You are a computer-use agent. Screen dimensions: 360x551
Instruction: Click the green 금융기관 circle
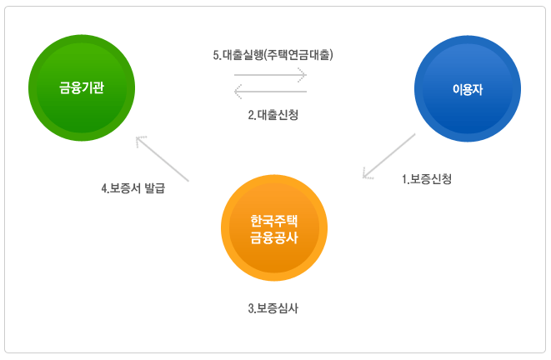pos(82,87)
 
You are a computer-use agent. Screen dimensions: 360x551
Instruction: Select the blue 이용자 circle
pos(468,88)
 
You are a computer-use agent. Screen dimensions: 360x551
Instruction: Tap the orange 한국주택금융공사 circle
pos(274,228)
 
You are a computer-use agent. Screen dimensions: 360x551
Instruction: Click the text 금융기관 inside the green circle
pos(82,88)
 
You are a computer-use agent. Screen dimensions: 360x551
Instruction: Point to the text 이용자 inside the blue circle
pos(468,89)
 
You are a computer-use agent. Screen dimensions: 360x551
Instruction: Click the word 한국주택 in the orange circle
pos(274,221)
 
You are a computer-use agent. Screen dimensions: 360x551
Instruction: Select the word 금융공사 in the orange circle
pos(274,237)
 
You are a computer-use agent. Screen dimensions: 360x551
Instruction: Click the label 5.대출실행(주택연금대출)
pos(273,56)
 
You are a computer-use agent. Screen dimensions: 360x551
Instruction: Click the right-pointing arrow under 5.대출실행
pos(271,75)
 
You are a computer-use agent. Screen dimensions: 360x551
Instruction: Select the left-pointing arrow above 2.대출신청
pos(271,90)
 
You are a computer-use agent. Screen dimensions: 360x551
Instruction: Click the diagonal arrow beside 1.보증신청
pos(389,155)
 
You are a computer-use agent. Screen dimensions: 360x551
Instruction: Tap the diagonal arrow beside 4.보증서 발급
pos(163,158)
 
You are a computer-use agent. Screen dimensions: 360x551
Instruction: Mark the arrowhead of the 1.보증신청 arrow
pos(366,173)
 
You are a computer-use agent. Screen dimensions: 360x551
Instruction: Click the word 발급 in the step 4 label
pos(154,188)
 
